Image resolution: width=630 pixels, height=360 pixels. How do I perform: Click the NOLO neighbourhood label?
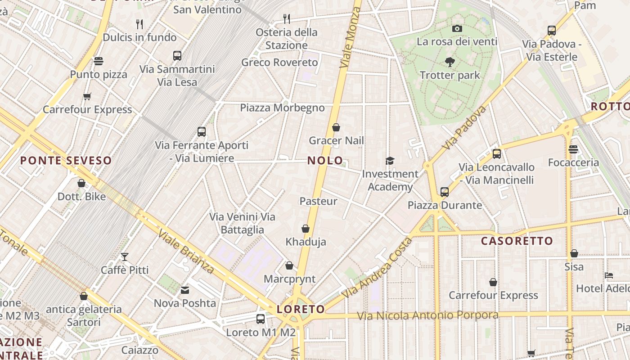[x=325, y=161]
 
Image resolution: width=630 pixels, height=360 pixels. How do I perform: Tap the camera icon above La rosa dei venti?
[x=457, y=29]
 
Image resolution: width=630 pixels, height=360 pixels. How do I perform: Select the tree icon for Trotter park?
[x=450, y=62]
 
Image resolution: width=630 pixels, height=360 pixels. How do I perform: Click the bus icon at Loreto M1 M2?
[x=260, y=319]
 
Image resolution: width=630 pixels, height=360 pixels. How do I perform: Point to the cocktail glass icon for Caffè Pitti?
[x=125, y=257]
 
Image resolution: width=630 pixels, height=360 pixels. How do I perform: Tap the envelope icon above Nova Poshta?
[x=185, y=290]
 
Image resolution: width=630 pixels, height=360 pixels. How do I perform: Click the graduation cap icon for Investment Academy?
[x=390, y=161]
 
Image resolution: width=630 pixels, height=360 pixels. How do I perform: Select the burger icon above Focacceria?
[x=573, y=149]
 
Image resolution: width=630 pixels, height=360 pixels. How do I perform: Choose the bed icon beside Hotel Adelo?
[x=609, y=275]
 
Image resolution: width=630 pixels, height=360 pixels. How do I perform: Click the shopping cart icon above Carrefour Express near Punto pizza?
[x=87, y=96]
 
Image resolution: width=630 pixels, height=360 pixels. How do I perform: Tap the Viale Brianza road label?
[x=186, y=252]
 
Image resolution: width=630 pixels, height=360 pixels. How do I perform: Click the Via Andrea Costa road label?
[x=377, y=268]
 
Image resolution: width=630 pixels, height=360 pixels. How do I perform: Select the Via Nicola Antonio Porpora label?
[x=427, y=315]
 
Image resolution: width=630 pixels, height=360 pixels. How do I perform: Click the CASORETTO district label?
[x=517, y=241]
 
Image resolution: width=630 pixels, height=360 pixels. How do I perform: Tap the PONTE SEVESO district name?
[x=66, y=161]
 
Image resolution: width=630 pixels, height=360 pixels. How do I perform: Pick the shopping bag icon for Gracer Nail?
[x=336, y=128]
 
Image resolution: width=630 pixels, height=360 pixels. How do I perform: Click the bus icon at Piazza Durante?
[x=444, y=192]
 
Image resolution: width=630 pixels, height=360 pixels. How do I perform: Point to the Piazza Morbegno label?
[x=282, y=108]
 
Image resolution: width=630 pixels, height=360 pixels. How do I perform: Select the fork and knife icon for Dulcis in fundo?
[x=139, y=24]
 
